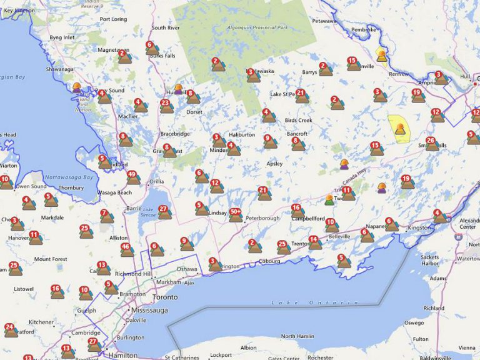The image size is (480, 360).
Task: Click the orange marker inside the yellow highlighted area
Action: click(398, 129)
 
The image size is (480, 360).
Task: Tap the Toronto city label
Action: click(166, 297)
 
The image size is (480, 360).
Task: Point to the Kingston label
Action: click(419, 228)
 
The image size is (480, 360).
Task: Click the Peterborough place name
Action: click(262, 219)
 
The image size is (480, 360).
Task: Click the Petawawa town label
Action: click(324, 21)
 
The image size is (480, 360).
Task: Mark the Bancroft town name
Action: click(297, 134)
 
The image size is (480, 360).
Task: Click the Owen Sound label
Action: click(31, 186)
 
